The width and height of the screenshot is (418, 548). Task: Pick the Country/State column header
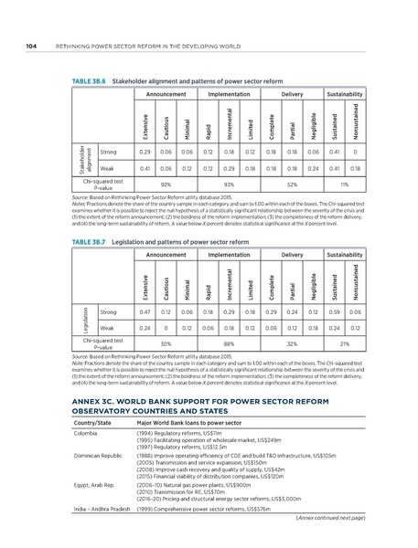coord(91,422)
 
